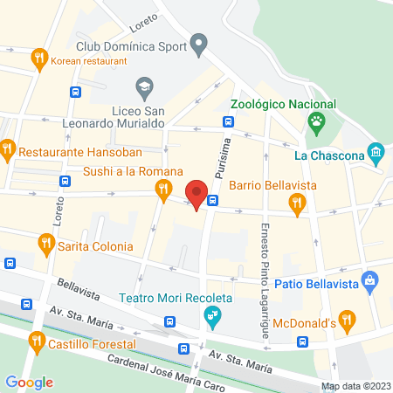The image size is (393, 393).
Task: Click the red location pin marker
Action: (196, 193)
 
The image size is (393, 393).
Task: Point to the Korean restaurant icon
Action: (38, 60)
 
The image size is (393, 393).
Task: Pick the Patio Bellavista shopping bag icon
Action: (371, 281)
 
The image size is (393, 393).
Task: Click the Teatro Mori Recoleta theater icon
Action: (210, 319)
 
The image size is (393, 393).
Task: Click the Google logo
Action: (29, 382)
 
